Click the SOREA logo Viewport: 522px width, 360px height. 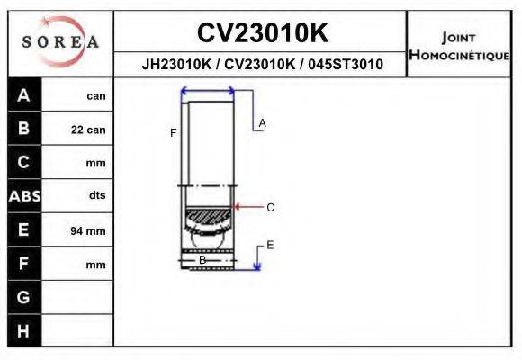pos(60,42)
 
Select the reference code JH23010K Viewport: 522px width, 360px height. pos(176,65)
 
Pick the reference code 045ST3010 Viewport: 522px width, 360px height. pos(347,65)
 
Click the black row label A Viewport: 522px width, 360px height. pos(24,95)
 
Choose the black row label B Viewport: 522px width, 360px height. pos(24,129)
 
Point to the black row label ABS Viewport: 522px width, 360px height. pos(24,196)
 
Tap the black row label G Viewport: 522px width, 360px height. pos(24,297)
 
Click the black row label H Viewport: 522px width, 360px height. pos(24,330)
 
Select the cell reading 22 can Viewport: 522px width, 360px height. pos(88,130)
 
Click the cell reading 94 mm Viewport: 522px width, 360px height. pos(88,231)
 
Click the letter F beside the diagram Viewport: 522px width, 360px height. pos(173,133)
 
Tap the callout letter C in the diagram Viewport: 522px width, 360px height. pos(270,207)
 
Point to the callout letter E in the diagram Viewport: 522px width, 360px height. pos(270,245)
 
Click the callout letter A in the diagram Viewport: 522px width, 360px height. pos(263,122)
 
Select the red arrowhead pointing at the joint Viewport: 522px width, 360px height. pos(238,207)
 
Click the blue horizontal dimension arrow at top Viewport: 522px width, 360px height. pos(208,90)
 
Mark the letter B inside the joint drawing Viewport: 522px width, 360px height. pos(202,260)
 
